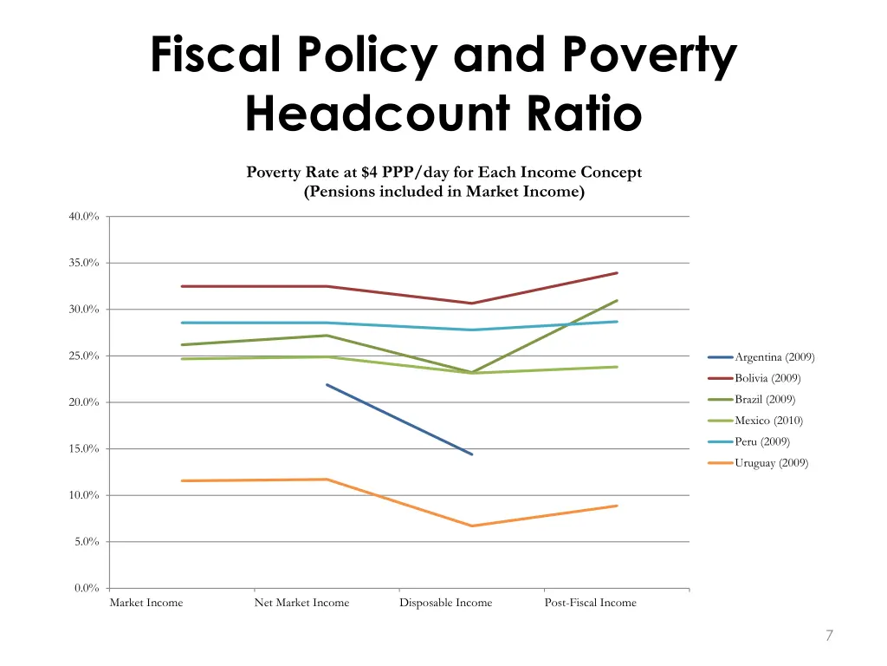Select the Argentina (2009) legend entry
point(774,357)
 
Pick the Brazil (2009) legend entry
point(764,400)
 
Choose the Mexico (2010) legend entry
point(768,421)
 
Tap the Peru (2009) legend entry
point(761,442)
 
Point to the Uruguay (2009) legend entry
point(771,463)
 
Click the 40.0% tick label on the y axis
point(84,217)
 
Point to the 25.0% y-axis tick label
point(84,356)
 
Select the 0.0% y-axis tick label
point(87,589)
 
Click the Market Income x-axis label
point(146,603)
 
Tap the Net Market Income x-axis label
point(301,603)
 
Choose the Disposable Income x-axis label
point(445,603)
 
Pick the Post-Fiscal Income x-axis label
point(590,603)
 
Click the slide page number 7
point(829,636)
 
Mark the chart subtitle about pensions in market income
point(443,193)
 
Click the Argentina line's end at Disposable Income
point(472,454)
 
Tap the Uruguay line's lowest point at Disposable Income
point(472,526)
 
